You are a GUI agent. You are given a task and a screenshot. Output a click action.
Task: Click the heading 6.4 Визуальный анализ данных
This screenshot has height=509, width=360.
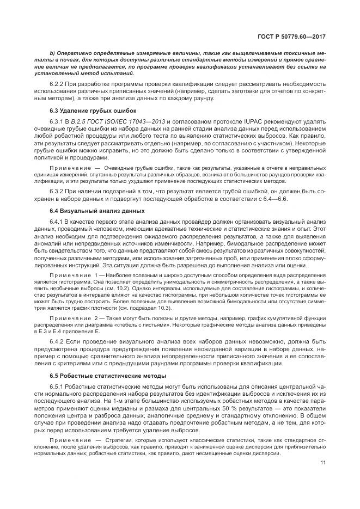point(87,210)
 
